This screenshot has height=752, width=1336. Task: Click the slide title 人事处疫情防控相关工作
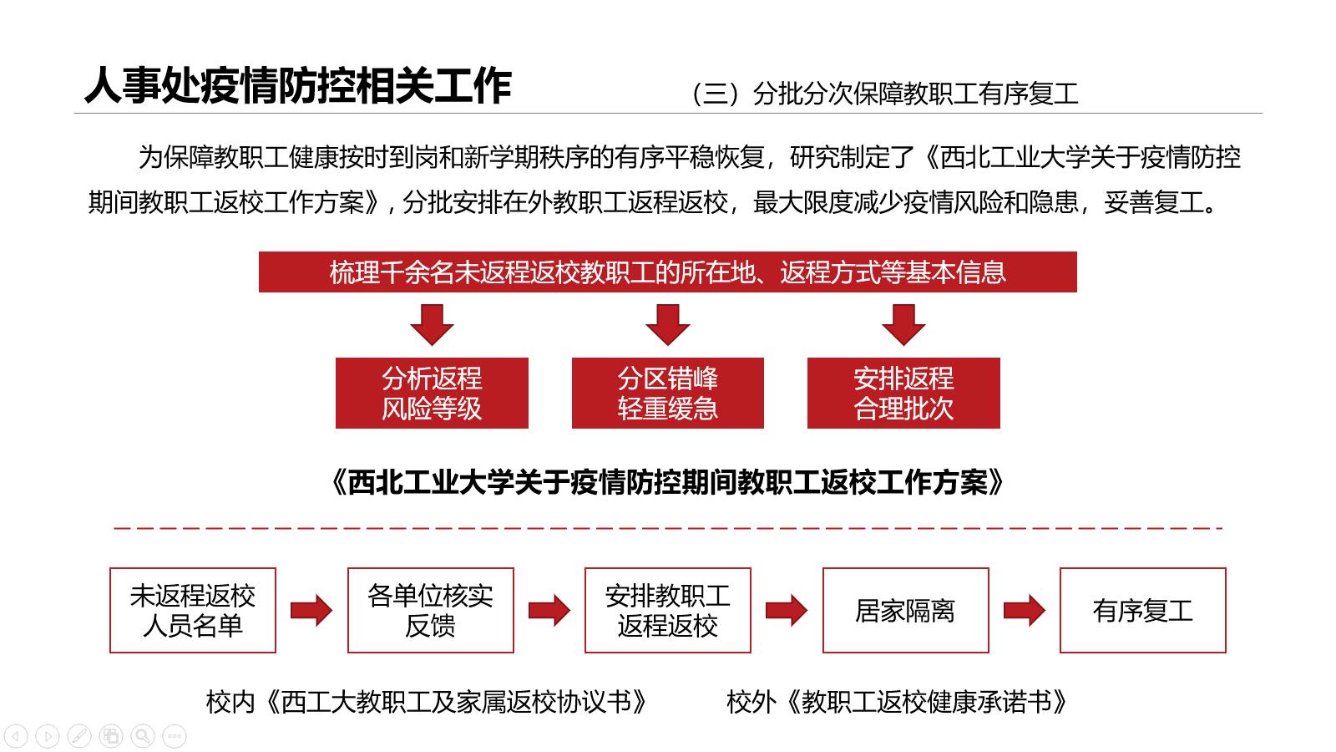pos(298,86)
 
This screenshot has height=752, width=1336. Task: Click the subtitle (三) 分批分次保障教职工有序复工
pos(885,94)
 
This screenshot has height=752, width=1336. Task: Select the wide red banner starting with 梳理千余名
pos(667,272)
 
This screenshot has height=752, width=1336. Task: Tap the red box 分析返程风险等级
pos(432,393)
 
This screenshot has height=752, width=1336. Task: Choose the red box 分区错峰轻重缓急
pos(667,393)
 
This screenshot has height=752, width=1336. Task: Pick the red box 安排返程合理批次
pos(903,393)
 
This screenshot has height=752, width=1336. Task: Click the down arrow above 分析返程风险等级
pos(432,325)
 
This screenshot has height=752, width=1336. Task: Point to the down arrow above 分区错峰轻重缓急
pos(667,325)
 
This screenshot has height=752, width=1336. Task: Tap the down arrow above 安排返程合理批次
pos(903,325)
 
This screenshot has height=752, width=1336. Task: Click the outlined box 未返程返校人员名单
pos(193,610)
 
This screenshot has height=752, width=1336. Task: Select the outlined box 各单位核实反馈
pos(431,610)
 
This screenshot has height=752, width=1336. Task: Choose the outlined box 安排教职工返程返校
pos(667,610)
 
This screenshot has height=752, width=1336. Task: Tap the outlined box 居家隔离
pos(905,610)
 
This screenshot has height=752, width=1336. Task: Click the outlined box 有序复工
pos(1143,610)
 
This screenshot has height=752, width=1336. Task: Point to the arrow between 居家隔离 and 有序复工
pos(1024,611)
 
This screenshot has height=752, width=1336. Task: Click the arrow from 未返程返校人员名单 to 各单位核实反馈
pos(311,611)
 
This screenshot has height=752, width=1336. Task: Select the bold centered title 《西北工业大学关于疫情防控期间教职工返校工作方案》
pos(667,482)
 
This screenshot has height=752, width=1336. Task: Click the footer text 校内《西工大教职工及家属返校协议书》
pos(427,702)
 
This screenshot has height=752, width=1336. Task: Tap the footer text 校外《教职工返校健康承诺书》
pos(897,702)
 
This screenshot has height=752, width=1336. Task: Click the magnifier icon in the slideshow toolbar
pos(143,736)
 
